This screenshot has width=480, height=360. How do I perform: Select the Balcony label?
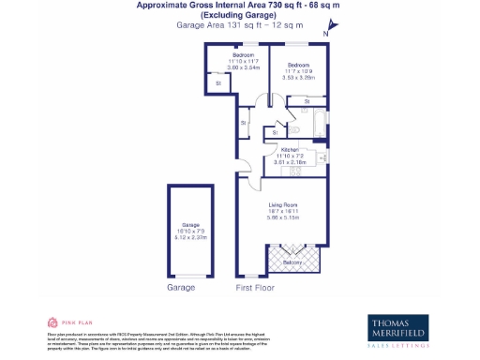pos(292,262)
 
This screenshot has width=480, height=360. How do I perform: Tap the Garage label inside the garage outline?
pos(191,226)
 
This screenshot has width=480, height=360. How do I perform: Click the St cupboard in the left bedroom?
pos(218,83)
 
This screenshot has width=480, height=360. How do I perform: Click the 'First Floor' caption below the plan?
pos(256,288)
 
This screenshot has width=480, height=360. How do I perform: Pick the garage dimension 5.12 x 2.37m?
pos(191,237)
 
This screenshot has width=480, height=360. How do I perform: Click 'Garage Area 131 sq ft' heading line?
pos(239,25)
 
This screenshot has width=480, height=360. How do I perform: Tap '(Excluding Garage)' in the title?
pos(239,15)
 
